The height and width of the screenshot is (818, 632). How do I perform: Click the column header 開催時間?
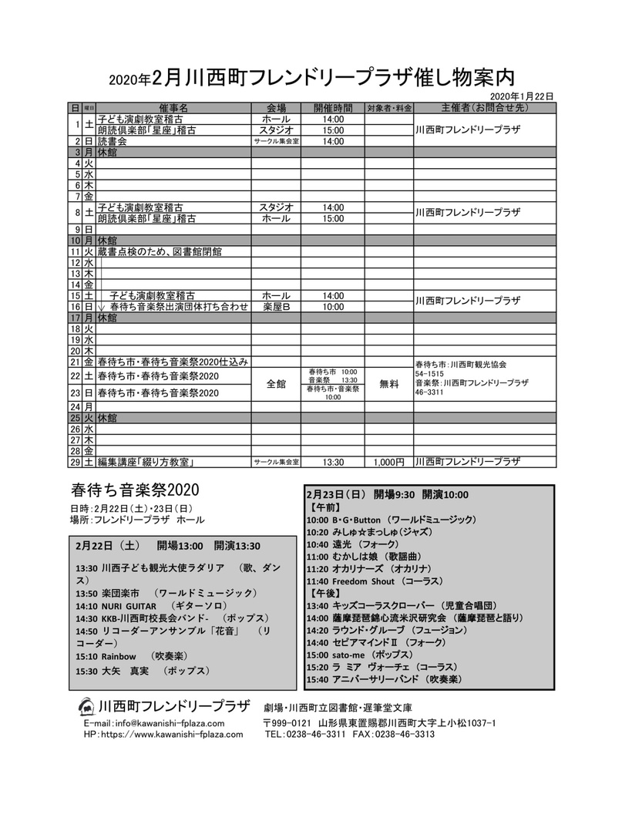click(x=333, y=108)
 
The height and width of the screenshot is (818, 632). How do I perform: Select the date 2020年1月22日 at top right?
click(x=522, y=95)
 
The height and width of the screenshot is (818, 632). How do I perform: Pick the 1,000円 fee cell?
click(x=388, y=462)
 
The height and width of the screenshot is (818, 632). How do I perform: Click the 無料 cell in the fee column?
click(x=388, y=383)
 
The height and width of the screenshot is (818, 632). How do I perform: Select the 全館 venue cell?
click(x=276, y=383)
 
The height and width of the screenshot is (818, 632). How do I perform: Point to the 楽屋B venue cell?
click(x=276, y=306)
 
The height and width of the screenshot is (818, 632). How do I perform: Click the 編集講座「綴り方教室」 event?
click(x=144, y=462)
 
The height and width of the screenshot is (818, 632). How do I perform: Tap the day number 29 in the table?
click(x=76, y=462)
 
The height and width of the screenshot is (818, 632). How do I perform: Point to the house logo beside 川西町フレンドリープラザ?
click(x=87, y=707)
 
